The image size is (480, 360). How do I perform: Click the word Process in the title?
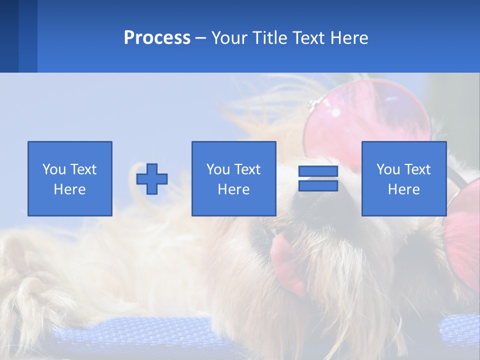click(157, 38)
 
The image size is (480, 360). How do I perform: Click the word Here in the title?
click(350, 38)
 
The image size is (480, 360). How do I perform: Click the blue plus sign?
click(152, 179)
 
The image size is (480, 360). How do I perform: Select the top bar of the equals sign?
click(318, 171)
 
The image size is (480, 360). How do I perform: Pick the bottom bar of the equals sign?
click(318, 185)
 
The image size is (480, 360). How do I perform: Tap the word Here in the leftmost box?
click(69, 189)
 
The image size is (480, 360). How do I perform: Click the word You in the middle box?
click(217, 169)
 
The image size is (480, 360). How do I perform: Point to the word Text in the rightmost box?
click(417, 169)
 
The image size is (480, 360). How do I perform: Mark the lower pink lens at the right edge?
click(462, 240)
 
